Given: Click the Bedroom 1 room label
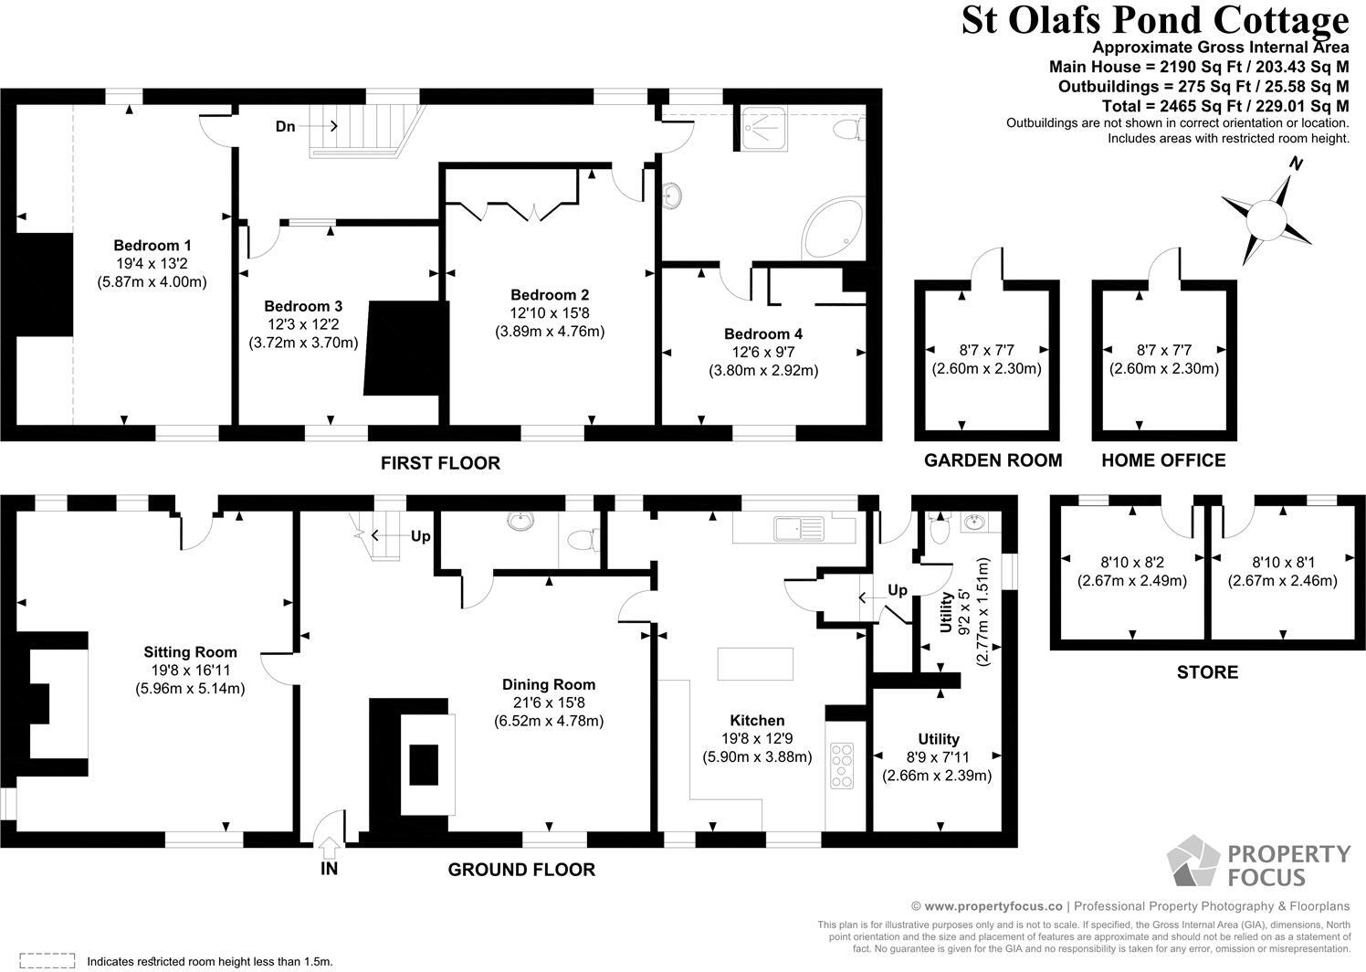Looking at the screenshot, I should coord(152,245).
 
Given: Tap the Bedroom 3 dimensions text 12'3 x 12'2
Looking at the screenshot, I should coord(303,324).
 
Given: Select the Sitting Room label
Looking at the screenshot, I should coord(190,652).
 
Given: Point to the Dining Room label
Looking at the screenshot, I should coord(548,684).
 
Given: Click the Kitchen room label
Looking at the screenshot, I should coord(757,720).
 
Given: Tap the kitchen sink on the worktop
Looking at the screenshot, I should coord(797,528).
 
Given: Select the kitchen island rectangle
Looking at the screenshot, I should coord(754,663).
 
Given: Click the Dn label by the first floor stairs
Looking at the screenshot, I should coord(286,126).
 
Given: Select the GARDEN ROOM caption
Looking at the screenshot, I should coord(993,460).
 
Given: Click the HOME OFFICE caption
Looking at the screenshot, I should coord(1162,460).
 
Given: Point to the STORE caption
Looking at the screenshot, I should coord(1207,672).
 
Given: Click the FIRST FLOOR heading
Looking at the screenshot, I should coord(440,463).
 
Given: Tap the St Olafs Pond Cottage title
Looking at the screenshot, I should coord(1154,20).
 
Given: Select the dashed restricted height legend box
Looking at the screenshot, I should coord(46,960).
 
